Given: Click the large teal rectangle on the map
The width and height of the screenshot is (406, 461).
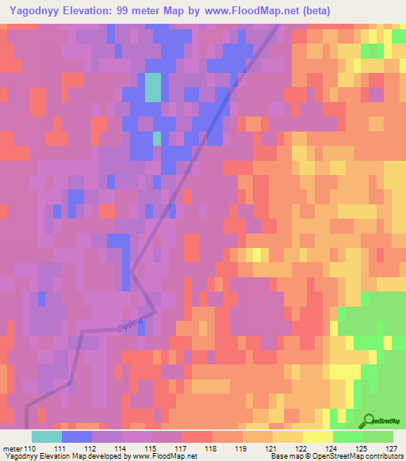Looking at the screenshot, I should [152, 87].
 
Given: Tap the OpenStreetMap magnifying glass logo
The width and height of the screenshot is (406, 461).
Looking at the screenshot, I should [368, 421].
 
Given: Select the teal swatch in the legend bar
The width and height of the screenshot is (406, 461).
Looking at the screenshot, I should [46, 436].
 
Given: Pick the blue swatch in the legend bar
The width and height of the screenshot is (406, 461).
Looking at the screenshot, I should [76, 436].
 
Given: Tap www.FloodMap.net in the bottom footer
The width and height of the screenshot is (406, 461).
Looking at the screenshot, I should [163, 456].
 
